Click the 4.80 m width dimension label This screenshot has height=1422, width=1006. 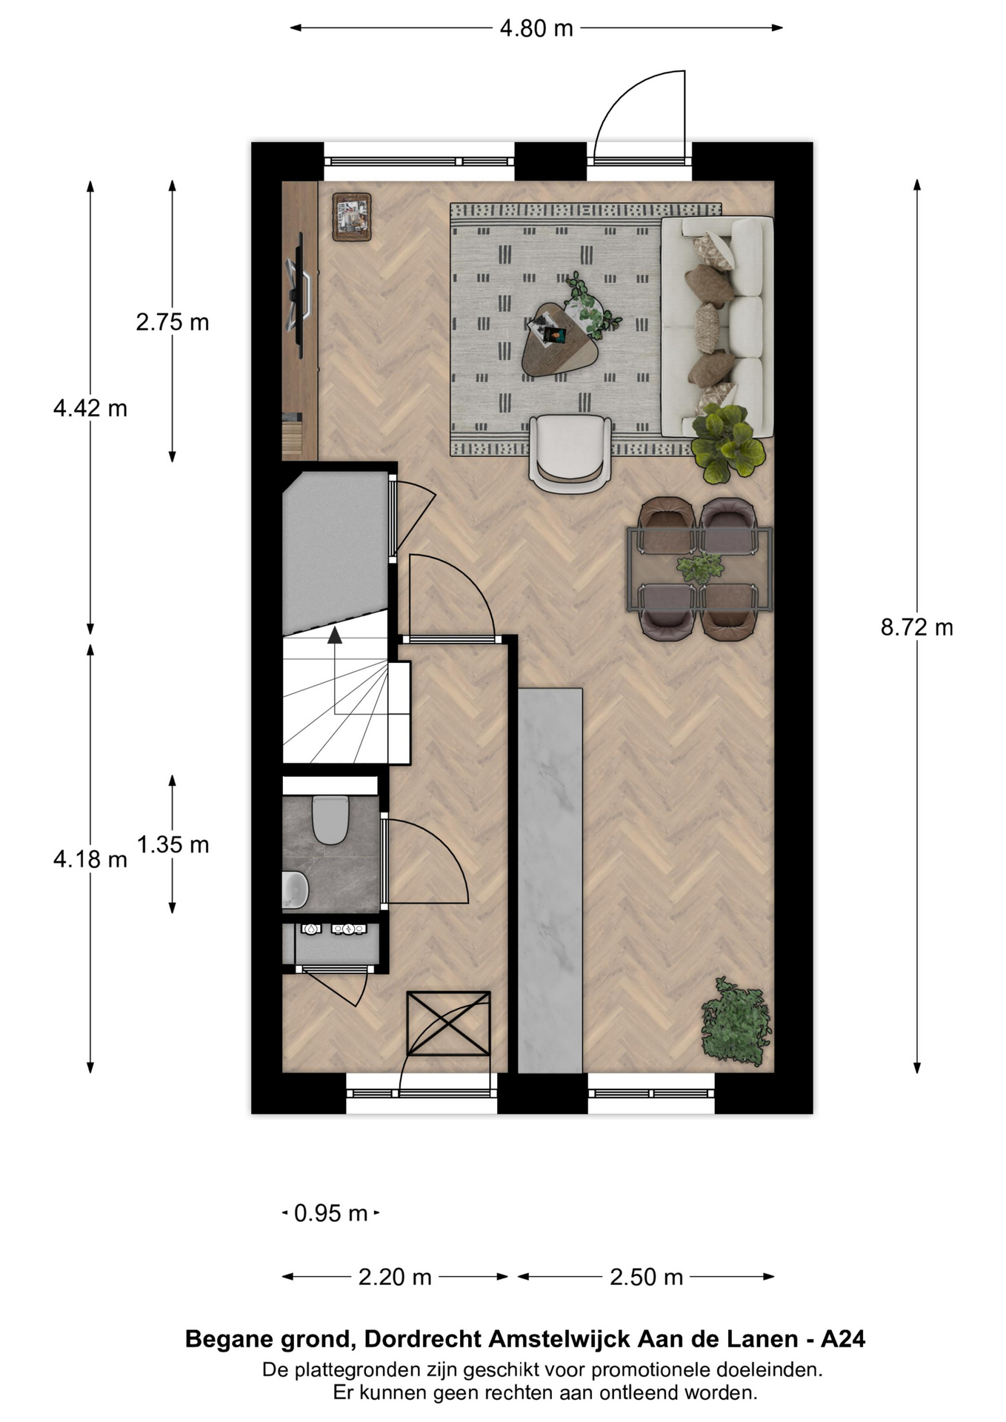point(536,28)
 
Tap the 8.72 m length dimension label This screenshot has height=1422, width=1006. point(916,627)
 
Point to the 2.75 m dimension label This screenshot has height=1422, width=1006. point(173,322)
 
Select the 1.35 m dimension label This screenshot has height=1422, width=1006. point(173,844)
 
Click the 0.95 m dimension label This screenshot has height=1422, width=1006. point(331,1213)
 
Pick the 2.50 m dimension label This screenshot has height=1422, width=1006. point(646,1277)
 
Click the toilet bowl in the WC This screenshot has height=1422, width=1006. point(330,819)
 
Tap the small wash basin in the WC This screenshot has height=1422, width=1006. point(295,889)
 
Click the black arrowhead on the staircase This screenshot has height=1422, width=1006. point(335,635)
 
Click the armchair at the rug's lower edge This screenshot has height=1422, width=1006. point(570,453)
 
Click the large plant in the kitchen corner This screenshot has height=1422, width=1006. point(736,1022)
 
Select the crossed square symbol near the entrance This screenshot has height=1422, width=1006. point(448,1023)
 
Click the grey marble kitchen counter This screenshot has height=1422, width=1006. point(550,880)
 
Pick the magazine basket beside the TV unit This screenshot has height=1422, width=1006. point(351,217)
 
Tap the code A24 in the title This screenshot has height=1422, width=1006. point(843,1339)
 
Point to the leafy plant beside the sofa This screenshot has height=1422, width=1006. point(727,443)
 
